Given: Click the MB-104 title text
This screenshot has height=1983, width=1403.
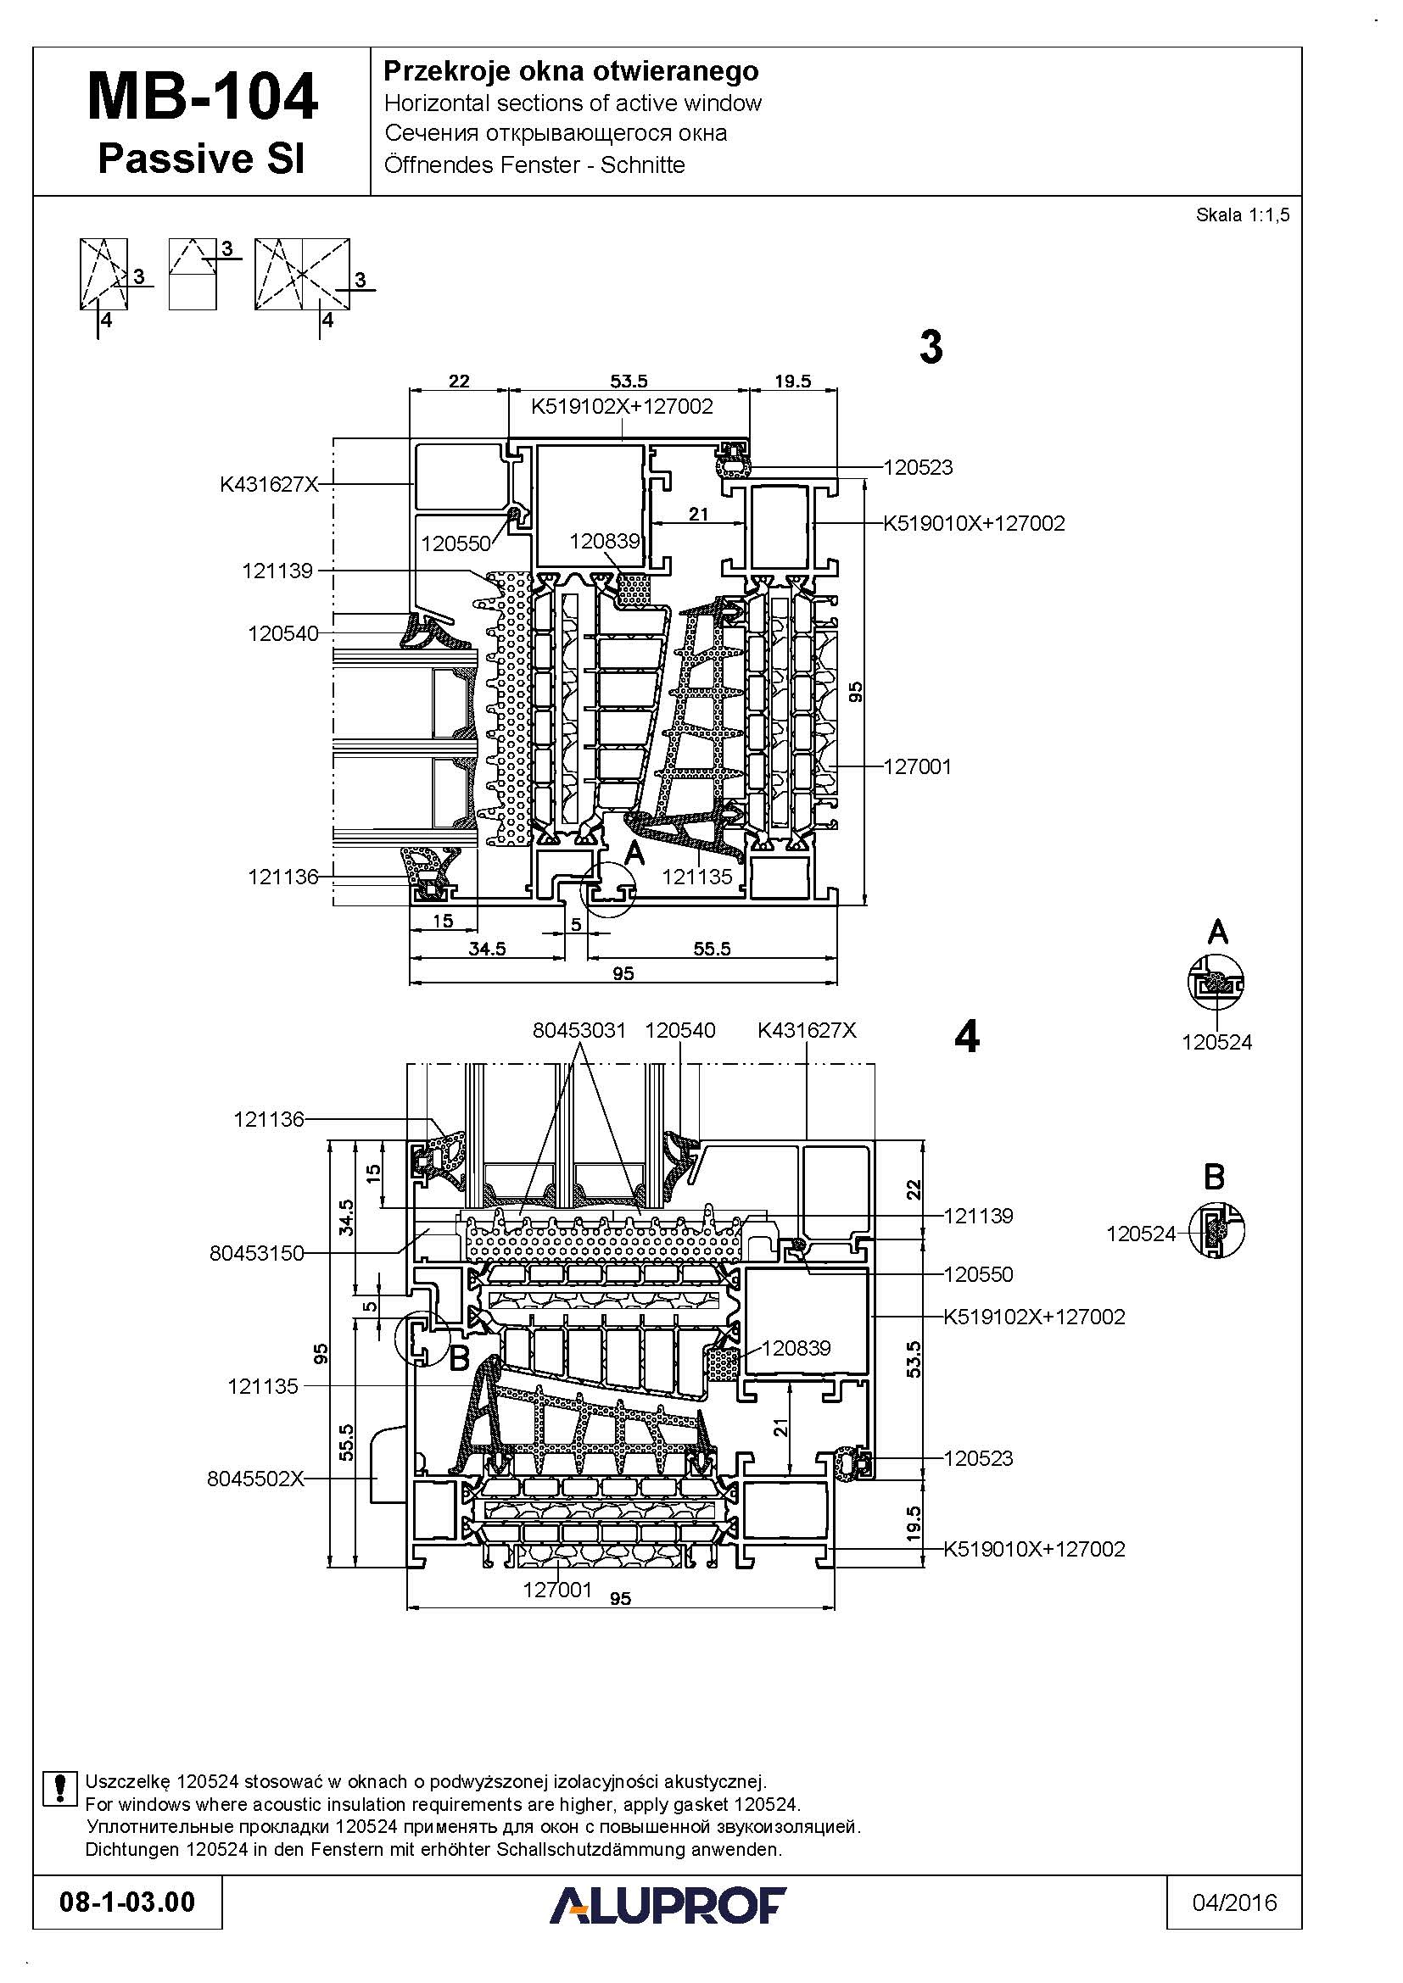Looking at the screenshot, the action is (202, 97).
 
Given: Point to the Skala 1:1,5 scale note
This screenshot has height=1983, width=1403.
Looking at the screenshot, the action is (1243, 215).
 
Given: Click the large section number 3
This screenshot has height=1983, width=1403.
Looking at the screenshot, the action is (931, 348).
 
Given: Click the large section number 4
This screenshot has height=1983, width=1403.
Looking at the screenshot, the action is (967, 1036).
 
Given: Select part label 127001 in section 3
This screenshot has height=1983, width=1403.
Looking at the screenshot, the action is (918, 766).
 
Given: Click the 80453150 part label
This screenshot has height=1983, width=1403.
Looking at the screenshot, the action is (256, 1253).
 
